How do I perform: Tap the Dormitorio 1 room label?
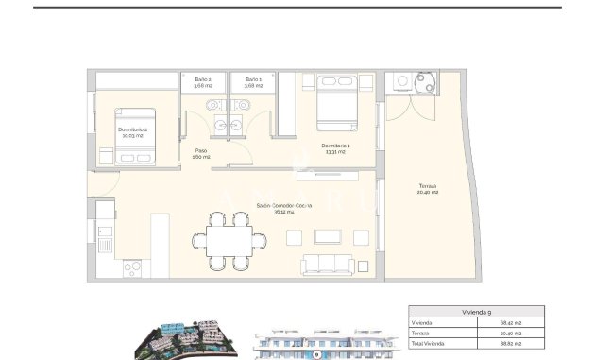pos(337,147)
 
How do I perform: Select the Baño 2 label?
pos(203,81)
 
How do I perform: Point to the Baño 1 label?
pos(253,81)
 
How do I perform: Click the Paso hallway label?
pos(201,154)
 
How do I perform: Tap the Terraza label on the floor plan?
pos(429,190)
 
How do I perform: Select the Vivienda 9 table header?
pos(475,311)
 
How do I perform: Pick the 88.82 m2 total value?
pos(510,344)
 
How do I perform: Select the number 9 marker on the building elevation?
pos(317,354)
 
